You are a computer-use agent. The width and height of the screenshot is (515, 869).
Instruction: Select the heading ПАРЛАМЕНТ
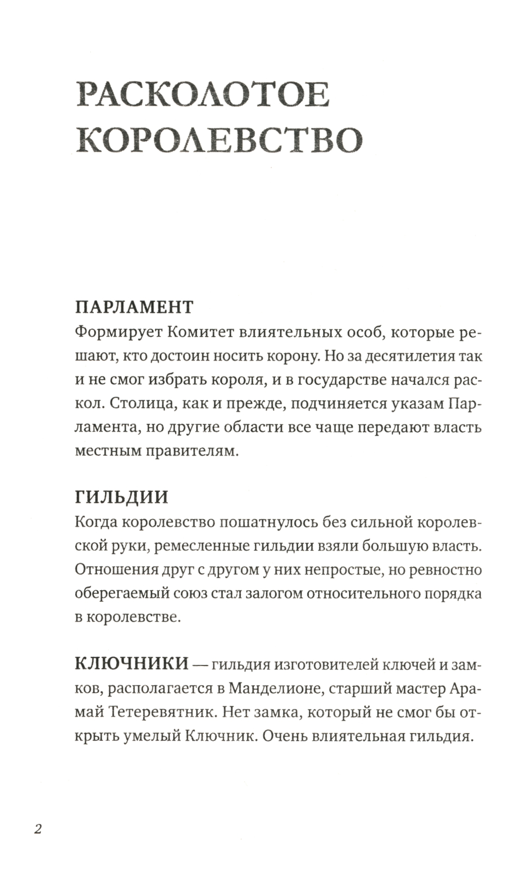[x=134, y=307]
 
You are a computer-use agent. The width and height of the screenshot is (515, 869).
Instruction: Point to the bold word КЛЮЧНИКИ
[x=131, y=663]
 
